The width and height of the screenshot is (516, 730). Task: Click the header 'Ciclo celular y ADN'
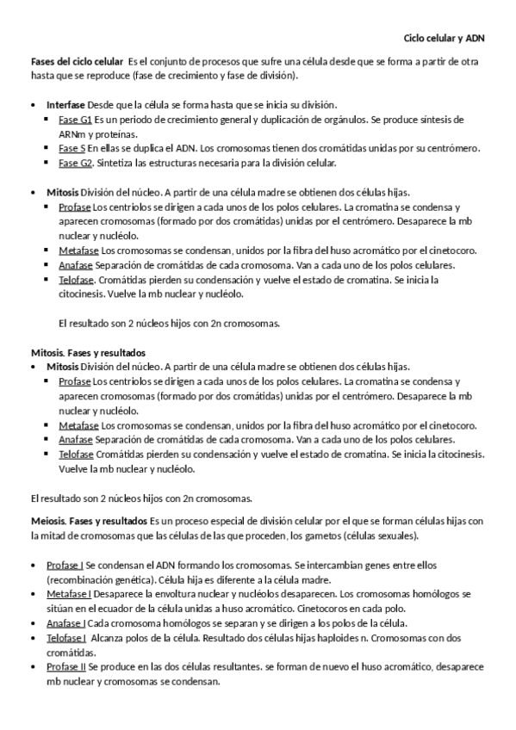(x=445, y=39)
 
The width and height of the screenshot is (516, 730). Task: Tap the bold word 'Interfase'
(x=66, y=104)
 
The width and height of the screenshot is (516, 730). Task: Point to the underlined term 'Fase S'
(x=72, y=148)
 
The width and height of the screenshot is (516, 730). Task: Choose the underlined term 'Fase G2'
(x=75, y=163)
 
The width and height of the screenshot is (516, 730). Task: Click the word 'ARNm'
(x=71, y=133)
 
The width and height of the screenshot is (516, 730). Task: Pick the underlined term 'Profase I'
(x=65, y=565)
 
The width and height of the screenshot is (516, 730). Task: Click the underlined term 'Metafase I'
(x=68, y=594)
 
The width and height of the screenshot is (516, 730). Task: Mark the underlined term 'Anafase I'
(x=65, y=623)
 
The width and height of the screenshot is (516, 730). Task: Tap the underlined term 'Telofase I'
(x=66, y=638)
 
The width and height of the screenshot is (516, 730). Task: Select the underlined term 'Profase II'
(x=65, y=667)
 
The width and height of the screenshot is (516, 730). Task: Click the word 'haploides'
(x=292, y=638)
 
